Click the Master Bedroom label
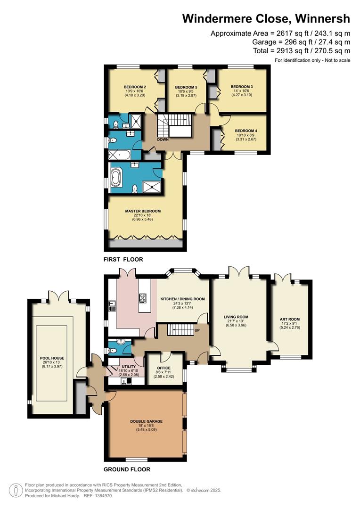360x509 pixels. [x=143, y=211]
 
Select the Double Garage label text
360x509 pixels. [x=146, y=421]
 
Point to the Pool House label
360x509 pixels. [x=52, y=358]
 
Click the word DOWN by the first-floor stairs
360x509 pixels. [x=163, y=140]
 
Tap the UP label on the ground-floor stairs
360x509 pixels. [x=197, y=330]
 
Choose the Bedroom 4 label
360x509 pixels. [x=246, y=131]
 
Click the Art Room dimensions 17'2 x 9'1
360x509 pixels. [x=290, y=323]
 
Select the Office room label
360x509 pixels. [x=164, y=368]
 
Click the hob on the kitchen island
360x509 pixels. [x=143, y=298]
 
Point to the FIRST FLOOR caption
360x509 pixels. [x=123, y=259]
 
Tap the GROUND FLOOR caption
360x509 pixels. [x=127, y=469]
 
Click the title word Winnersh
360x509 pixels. [x=322, y=18]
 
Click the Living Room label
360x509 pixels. [x=236, y=317]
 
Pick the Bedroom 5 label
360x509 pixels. [x=186, y=87]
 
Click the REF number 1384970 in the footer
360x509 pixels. [x=103, y=496]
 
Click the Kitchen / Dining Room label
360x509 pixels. [x=183, y=299]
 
